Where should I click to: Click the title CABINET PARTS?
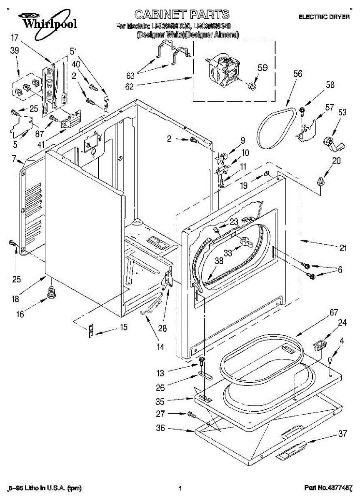[182, 15]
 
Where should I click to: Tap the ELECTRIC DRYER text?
[324, 17]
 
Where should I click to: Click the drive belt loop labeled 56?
[275, 127]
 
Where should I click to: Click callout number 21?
[342, 248]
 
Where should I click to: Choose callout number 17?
[15, 38]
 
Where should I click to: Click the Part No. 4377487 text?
[328, 488]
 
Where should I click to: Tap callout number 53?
[342, 112]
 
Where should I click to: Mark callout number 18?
[15, 299]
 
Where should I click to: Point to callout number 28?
[162, 328]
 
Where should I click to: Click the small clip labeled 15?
[90, 330]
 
